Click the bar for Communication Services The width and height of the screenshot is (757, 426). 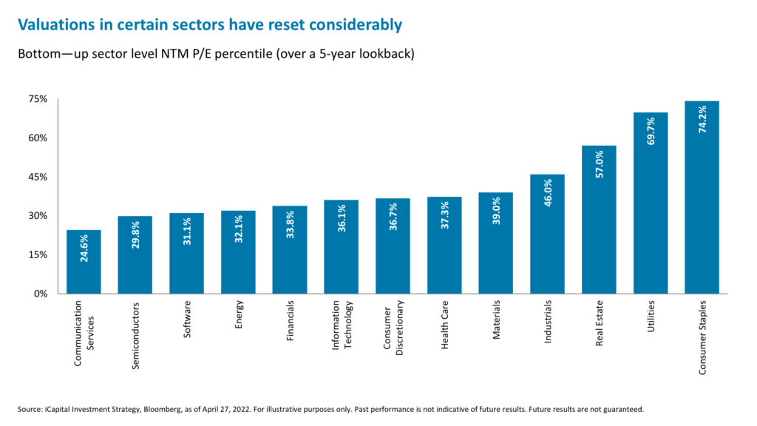84,262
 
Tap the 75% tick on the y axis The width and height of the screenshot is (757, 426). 37,99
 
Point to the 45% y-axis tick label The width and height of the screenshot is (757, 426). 37,177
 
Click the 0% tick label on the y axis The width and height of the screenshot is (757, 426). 40,294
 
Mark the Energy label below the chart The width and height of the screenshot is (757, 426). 238,314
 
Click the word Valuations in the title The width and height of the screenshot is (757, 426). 57,25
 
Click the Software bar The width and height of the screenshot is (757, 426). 187,254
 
